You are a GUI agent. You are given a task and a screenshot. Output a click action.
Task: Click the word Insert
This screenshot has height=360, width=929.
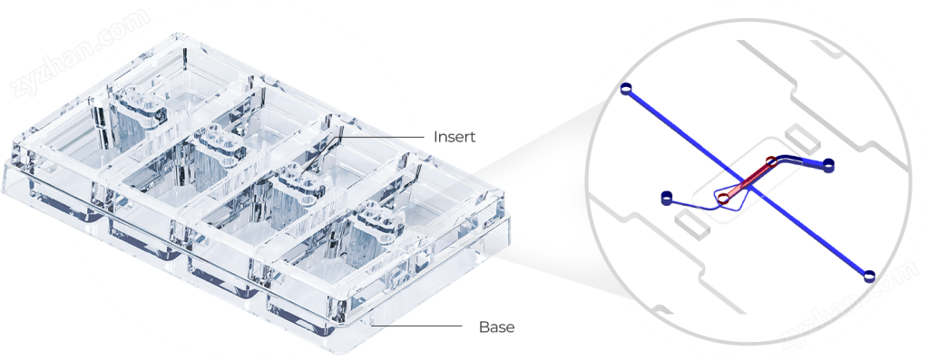tap(455, 137)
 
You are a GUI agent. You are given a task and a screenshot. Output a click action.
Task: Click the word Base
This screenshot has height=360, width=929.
tap(496, 326)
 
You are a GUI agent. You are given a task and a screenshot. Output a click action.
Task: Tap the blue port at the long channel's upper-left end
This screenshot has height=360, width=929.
tap(627, 89)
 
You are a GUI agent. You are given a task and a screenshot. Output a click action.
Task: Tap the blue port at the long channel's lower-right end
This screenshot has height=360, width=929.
tap(867, 276)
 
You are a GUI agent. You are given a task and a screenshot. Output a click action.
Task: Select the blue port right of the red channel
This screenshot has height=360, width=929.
tap(828, 164)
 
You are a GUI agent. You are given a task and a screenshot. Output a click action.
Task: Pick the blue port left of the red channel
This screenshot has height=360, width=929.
tap(667, 197)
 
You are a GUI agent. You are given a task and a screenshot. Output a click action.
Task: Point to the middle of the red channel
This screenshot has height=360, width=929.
tap(748, 180)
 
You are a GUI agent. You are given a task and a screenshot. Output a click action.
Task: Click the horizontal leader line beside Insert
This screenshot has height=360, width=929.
tap(383, 137)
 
